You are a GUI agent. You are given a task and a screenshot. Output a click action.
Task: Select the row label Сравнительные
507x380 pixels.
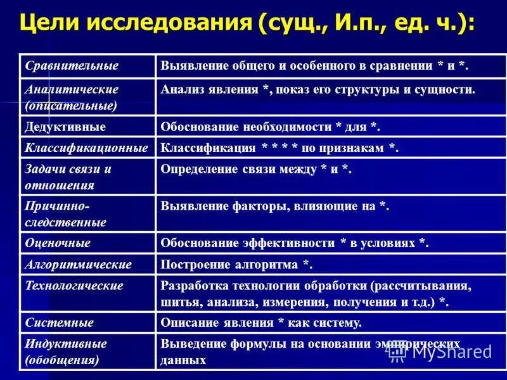tap(72, 66)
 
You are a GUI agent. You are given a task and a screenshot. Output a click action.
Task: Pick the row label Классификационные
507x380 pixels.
tap(86, 148)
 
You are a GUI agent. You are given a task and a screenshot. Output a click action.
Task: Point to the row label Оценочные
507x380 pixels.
tap(57, 243)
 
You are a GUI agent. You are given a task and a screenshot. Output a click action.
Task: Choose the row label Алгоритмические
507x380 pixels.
tap(78, 264)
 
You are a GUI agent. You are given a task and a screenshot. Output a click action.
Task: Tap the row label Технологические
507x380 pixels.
tap(74, 286)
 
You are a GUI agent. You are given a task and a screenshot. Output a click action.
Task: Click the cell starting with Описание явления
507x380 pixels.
tap(261, 322)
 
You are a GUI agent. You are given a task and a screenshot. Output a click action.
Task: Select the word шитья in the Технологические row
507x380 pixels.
tap(178, 302)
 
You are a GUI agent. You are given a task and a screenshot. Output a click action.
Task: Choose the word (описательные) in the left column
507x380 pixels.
tap(71, 105)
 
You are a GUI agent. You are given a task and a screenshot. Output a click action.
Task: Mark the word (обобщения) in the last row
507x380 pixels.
tap(61, 360)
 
